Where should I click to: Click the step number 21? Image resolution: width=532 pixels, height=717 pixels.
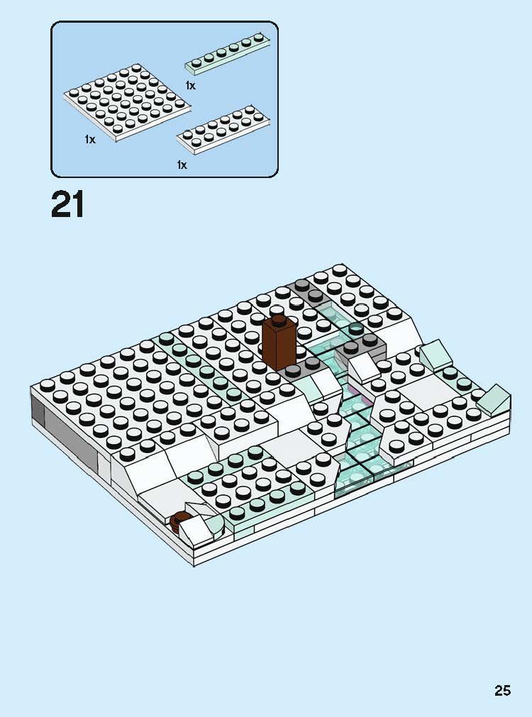pos(68,204)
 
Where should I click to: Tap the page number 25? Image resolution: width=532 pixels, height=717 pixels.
pos(502,690)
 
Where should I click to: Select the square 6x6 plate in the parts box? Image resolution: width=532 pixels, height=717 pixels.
pos(128,103)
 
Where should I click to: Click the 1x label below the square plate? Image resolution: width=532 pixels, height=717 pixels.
pos(89,140)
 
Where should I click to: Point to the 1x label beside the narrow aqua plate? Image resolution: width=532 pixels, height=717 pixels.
pos(190,86)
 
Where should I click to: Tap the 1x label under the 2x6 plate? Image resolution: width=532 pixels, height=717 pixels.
pos(182,165)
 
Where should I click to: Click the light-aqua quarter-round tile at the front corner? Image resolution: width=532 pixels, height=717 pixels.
pos(214,526)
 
